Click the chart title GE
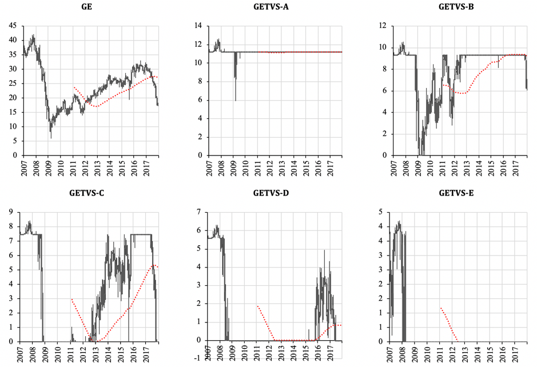point(87,6)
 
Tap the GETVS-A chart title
point(271,6)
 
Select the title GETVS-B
point(456,6)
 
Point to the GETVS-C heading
point(87,193)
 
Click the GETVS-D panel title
point(271,193)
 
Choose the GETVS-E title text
point(456,193)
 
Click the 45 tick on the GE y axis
point(13,26)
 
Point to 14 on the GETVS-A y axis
point(198,26)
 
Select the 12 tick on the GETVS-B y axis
point(383,26)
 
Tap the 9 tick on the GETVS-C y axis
point(11,212)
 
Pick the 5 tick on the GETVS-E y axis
point(380,212)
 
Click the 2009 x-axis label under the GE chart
point(49,167)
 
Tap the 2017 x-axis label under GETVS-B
point(516,167)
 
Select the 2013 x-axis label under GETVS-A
point(282,167)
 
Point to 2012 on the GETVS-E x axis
point(453,354)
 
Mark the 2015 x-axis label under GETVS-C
point(121,354)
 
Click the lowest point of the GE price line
point(51,138)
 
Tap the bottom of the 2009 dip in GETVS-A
point(236,101)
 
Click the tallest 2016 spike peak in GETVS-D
point(324,250)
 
